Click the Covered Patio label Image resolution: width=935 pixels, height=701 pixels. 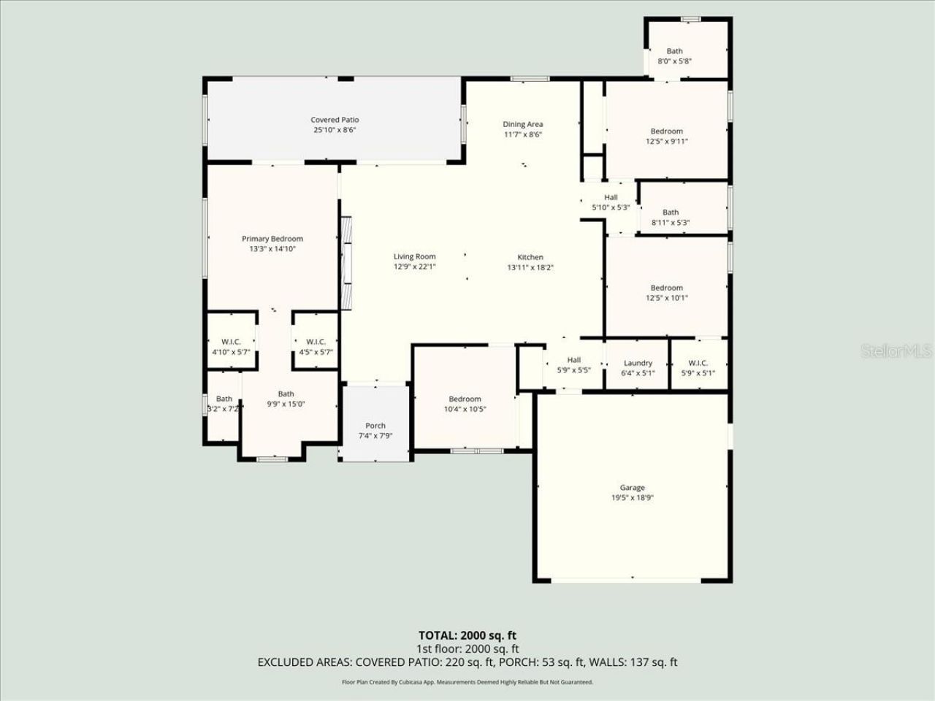tap(335, 120)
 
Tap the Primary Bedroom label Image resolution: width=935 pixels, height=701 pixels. tap(272, 239)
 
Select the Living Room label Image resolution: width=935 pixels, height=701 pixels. tap(414, 256)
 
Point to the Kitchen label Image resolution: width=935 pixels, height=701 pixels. tap(530, 257)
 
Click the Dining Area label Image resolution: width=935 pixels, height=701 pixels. tap(522, 124)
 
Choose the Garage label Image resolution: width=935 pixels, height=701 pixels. tap(633, 488)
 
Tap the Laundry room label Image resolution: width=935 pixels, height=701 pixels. tap(638, 363)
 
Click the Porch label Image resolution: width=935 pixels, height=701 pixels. tap(375, 426)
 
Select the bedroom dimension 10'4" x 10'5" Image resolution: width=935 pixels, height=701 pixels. tap(465, 409)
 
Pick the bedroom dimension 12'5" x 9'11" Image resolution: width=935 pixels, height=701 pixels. tap(667, 142)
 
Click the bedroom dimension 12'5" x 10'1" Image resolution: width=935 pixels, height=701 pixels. tap(667, 298)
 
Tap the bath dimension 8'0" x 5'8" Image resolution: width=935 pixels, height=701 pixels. tap(674, 61)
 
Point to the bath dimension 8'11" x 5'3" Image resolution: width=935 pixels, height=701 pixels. tap(671, 223)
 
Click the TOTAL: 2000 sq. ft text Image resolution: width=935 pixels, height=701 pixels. tap(467, 635)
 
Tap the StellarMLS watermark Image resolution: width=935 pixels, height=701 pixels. tap(896, 352)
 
